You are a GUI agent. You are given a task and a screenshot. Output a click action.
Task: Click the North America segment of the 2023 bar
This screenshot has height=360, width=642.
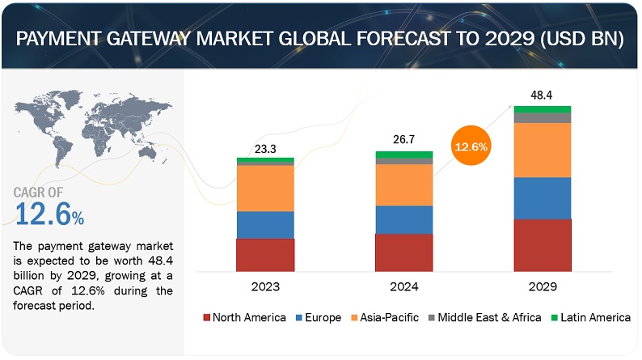pos(265,255)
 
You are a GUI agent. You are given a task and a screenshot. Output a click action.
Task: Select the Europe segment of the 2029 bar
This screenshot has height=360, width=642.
pos(543,198)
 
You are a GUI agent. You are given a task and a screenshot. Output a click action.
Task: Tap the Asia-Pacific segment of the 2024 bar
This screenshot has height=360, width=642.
pos(403,185)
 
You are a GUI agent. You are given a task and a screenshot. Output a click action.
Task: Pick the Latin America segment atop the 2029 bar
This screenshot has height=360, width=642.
pos(543,109)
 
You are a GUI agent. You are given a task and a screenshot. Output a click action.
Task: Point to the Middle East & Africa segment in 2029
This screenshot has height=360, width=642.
pos(543,118)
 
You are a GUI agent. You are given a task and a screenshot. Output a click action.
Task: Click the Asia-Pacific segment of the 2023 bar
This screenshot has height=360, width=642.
pos(265,188)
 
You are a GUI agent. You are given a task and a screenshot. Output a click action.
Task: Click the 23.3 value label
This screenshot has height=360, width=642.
pos(265,148)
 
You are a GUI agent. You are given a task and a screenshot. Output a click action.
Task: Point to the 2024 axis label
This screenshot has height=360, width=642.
pos(403,286)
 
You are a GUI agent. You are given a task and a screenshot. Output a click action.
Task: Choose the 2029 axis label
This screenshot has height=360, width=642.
pos(543,286)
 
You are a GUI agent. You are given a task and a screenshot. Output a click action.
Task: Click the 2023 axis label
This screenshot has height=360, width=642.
pos(265,286)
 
